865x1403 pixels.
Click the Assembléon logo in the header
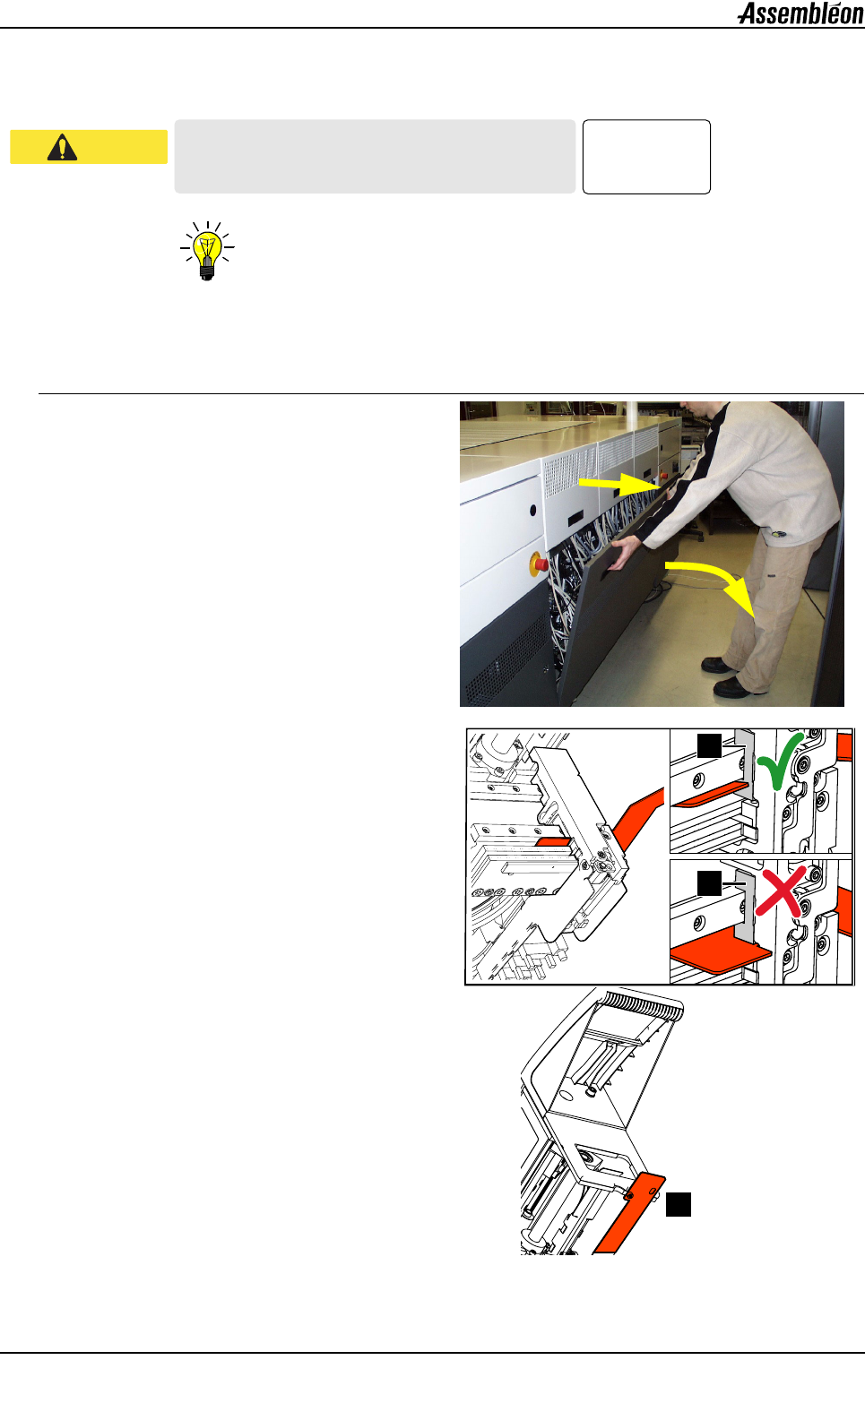click(x=800, y=13)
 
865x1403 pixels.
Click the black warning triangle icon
click(x=62, y=147)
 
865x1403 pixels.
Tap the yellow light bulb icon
click(x=207, y=251)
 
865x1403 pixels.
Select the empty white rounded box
click(x=646, y=157)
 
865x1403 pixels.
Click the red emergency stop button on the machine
click(x=539, y=564)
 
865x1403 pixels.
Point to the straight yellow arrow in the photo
click(x=618, y=484)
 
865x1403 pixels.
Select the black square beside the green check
click(x=710, y=746)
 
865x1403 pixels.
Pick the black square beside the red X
click(x=710, y=883)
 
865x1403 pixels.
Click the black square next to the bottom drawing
click(x=679, y=1204)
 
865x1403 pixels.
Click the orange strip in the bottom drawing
click(x=628, y=1214)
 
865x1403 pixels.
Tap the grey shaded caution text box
click(x=375, y=157)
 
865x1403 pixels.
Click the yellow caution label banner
click(x=89, y=147)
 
